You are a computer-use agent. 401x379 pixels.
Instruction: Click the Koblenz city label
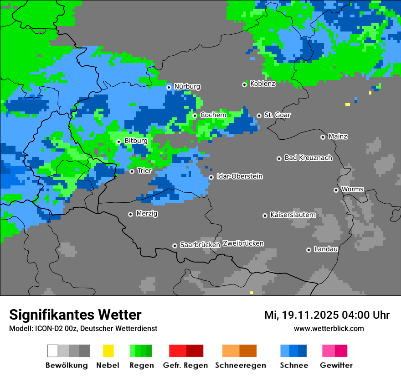click(262, 84)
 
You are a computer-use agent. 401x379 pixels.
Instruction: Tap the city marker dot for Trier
click(132, 171)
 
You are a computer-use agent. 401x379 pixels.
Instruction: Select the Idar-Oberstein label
click(239, 177)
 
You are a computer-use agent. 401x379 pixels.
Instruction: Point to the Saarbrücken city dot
click(175, 246)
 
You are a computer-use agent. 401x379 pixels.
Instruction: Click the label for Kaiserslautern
click(293, 215)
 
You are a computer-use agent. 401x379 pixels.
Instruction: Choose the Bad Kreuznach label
click(308, 158)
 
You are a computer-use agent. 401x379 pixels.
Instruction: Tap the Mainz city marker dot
click(323, 137)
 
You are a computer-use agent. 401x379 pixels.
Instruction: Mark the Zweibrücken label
click(243, 243)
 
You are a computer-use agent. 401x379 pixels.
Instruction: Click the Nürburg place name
click(187, 87)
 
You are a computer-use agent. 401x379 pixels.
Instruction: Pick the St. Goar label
click(277, 115)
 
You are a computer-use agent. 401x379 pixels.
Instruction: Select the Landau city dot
click(308, 250)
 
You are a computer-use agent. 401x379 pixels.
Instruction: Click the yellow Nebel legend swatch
click(108, 351)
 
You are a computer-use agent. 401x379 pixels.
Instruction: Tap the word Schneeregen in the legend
click(241, 365)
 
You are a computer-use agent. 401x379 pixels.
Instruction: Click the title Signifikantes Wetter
click(75, 315)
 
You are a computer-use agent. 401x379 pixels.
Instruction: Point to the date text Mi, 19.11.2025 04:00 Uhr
click(327, 315)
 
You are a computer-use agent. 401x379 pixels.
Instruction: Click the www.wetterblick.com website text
click(329, 329)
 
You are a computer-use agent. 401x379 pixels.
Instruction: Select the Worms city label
click(352, 189)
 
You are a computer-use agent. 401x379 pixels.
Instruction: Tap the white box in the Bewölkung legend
click(52, 351)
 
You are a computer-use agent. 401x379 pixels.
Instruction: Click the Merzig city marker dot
click(130, 214)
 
